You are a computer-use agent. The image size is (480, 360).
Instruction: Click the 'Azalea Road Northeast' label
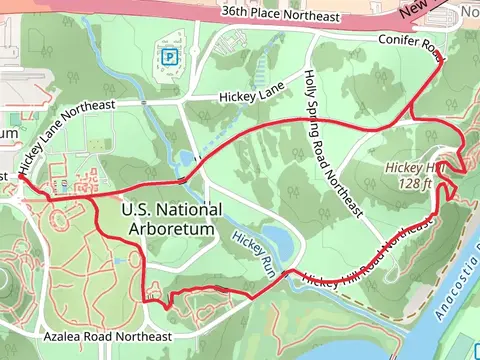pos(109,336)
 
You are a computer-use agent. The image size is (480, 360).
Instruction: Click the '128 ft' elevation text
pos(413,184)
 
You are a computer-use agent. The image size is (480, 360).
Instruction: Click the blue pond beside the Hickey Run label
pos(279,240)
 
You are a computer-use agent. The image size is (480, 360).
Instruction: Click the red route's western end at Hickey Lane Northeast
pos(22,180)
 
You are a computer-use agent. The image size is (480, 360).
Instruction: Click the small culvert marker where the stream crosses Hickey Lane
pos(145,103)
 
